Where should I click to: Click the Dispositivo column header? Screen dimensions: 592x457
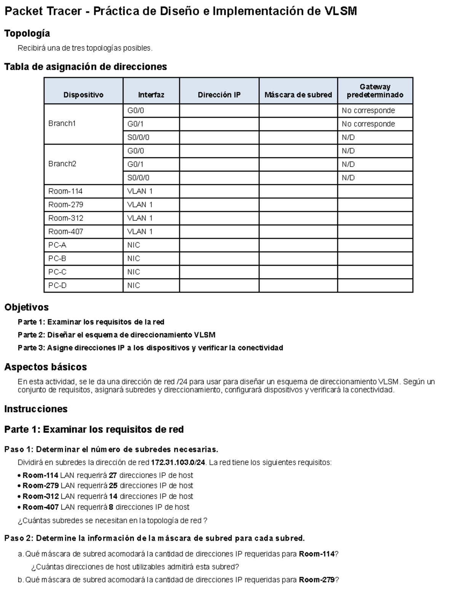[83, 95]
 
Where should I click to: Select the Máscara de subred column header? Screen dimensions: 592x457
[298, 95]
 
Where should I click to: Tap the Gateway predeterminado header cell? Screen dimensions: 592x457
[375, 91]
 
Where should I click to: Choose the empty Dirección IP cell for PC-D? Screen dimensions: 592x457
[219, 285]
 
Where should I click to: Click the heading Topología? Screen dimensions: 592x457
[27, 34]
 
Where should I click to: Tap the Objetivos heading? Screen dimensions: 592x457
[26, 307]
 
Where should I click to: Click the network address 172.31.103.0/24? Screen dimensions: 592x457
[178, 462]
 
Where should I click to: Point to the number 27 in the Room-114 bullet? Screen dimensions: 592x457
[113, 475]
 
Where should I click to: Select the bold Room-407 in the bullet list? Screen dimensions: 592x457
[41, 507]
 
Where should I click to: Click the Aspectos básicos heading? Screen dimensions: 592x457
[45, 367]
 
